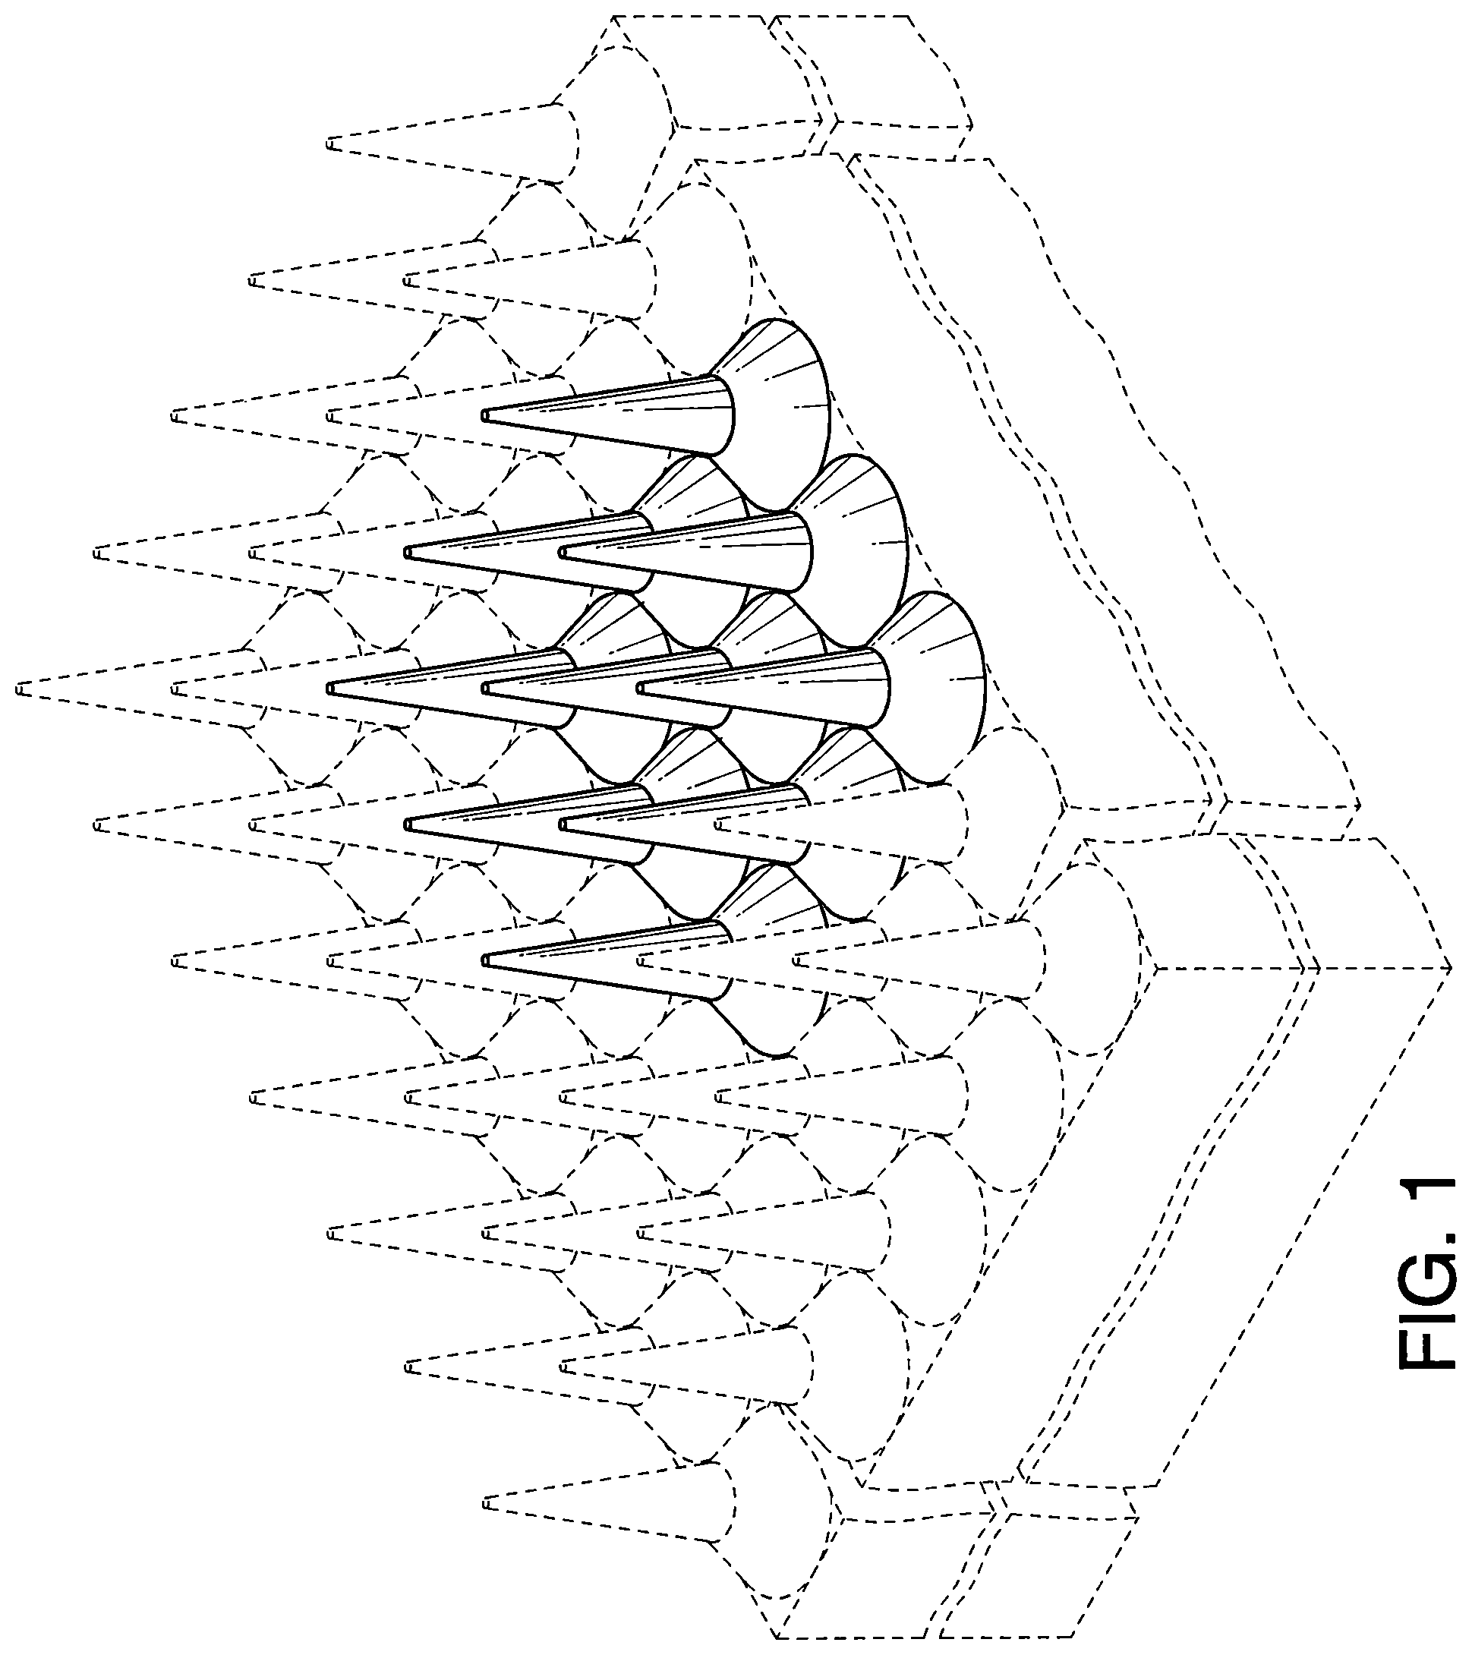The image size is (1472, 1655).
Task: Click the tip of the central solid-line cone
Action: tap(485, 689)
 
